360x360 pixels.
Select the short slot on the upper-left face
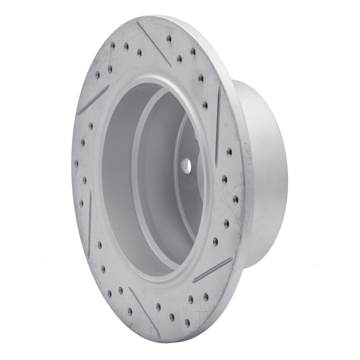click(x=94, y=100)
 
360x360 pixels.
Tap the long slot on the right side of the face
click(x=218, y=126)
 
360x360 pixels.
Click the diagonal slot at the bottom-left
click(x=144, y=310)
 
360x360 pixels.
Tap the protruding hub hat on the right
click(x=265, y=175)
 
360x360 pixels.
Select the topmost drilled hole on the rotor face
click(x=169, y=39)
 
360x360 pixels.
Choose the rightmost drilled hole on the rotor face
click(x=235, y=199)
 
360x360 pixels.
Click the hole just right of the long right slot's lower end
click(x=229, y=153)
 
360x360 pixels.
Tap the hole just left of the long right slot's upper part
click(x=205, y=106)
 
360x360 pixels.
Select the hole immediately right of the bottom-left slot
click(x=158, y=307)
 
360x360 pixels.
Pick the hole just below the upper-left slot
click(x=90, y=126)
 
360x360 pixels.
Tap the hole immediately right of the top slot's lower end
click(x=180, y=58)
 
